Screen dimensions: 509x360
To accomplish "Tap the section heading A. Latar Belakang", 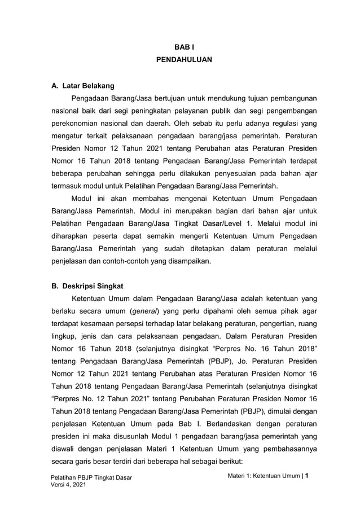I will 83,86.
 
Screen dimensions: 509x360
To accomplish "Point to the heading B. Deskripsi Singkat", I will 87,286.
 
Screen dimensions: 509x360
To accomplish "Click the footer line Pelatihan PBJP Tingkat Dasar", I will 91,479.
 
